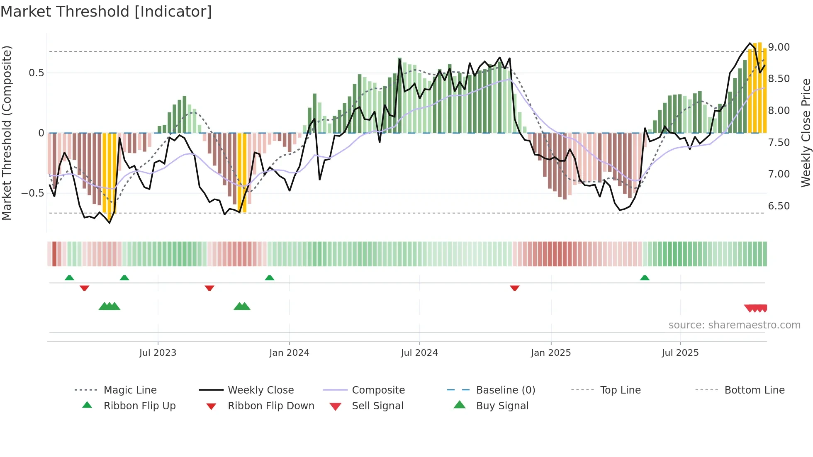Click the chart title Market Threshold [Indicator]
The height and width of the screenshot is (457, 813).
point(106,12)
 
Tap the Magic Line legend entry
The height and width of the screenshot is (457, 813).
point(130,390)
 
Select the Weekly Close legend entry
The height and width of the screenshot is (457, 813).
point(260,390)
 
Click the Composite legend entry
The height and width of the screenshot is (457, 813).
point(378,390)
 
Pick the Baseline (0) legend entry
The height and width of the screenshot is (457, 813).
point(505,390)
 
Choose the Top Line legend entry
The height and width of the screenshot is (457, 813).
point(620,390)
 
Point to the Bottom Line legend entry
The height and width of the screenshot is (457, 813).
point(754,390)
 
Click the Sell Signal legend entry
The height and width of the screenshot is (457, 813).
point(377,406)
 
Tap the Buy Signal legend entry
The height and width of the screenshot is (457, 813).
point(502,406)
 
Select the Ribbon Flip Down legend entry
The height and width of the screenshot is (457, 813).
point(270,406)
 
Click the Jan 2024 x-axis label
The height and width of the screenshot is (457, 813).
point(289,353)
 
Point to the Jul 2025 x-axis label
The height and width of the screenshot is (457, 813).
point(680,353)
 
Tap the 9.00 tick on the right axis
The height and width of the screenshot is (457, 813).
point(779,47)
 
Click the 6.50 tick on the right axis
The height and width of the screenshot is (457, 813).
point(779,206)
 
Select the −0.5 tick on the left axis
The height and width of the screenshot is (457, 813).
point(33,193)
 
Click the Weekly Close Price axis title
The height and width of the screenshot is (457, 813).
point(806,133)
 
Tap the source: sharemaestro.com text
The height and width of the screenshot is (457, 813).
point(734,325)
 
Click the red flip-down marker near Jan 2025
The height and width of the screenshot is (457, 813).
point(515,288)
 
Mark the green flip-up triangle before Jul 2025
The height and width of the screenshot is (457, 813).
point(645,278)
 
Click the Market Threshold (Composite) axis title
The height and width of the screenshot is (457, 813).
point(7,133)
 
